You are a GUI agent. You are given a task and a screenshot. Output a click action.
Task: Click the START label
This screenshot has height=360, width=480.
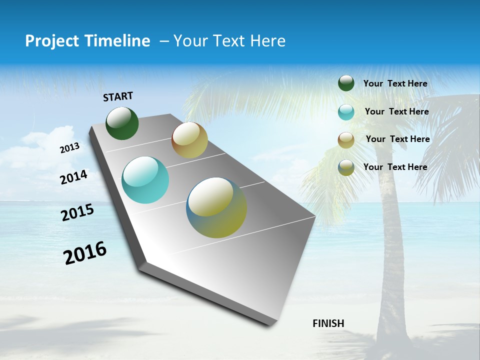click(118, 96)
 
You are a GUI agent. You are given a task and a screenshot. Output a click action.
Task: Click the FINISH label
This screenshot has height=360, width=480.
click(328, 323)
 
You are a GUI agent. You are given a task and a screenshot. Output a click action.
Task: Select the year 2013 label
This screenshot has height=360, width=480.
click(69, 148)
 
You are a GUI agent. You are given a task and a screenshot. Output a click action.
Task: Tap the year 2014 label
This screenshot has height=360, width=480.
click(73, 177)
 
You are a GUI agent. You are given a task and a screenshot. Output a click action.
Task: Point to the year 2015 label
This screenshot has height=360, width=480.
click(77, 212)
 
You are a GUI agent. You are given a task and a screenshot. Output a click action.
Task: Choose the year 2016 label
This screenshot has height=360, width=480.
click(85, 252)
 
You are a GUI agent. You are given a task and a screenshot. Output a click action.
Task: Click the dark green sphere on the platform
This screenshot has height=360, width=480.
click(122, 123)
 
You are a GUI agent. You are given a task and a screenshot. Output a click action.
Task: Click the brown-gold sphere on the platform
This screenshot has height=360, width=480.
click(189, 140)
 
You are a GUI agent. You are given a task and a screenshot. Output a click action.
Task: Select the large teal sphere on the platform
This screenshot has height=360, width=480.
click(145, 180)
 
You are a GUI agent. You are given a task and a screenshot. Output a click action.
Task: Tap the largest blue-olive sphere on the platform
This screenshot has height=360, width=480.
click(216, 207)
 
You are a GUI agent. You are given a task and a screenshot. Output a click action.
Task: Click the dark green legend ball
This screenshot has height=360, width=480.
click(346, 83)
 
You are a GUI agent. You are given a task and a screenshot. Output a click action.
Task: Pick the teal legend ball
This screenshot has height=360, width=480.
click(346, 112)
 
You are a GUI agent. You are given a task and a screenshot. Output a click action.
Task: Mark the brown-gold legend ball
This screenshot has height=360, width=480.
click(346, 140)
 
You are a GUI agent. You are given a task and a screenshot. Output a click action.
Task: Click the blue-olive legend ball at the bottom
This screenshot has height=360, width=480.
click(346, 167)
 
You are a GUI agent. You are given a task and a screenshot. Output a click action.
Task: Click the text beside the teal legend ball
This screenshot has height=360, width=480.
click(396, 111)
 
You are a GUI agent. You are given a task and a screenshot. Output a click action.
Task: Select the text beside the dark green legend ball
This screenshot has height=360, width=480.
click(395, 83)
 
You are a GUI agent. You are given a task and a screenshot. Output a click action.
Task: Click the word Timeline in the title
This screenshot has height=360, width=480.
click(118, 41)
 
